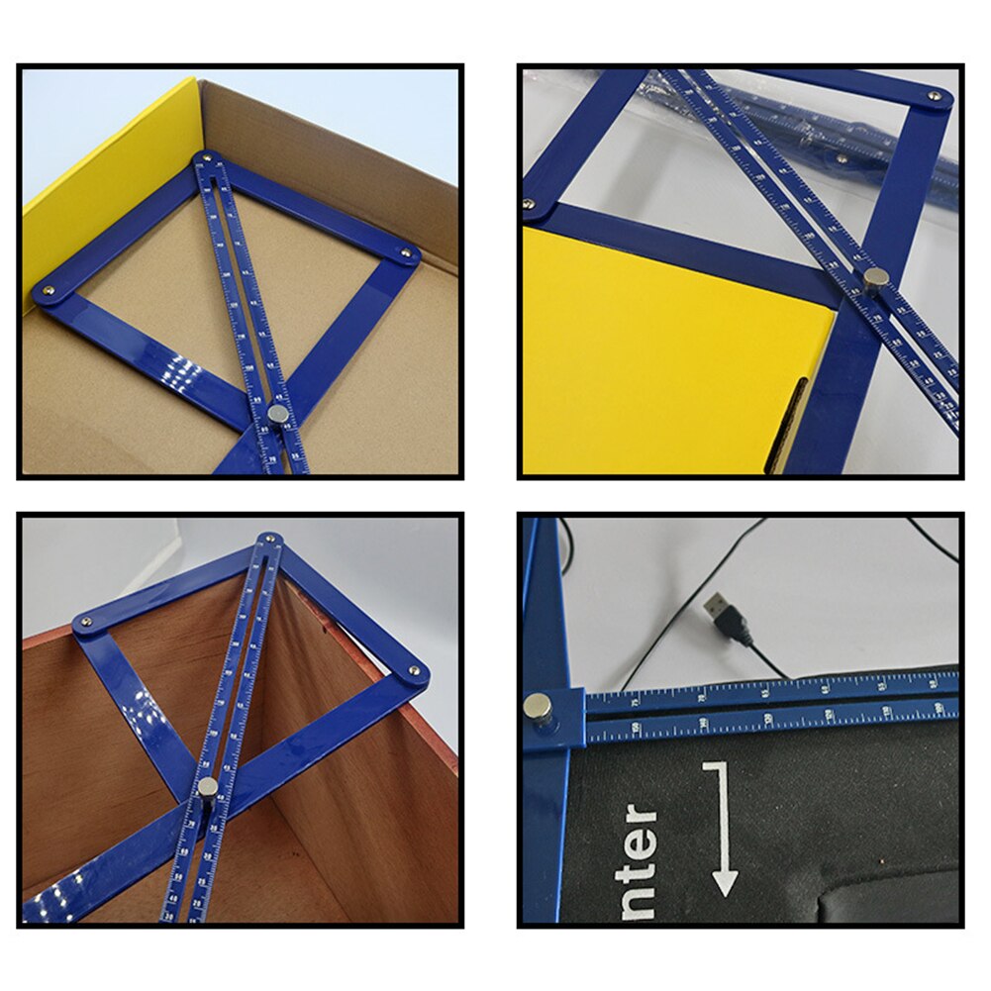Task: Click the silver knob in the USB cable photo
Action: click(538, 705)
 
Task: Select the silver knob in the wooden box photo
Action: click(207, 787)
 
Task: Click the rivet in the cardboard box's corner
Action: click(206, 157)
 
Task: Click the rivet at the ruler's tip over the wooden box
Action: click(267, 540)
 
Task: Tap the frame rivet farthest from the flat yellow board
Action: click(934, 96)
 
